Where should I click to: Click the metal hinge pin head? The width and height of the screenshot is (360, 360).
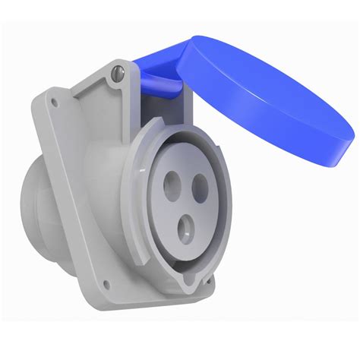115,72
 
